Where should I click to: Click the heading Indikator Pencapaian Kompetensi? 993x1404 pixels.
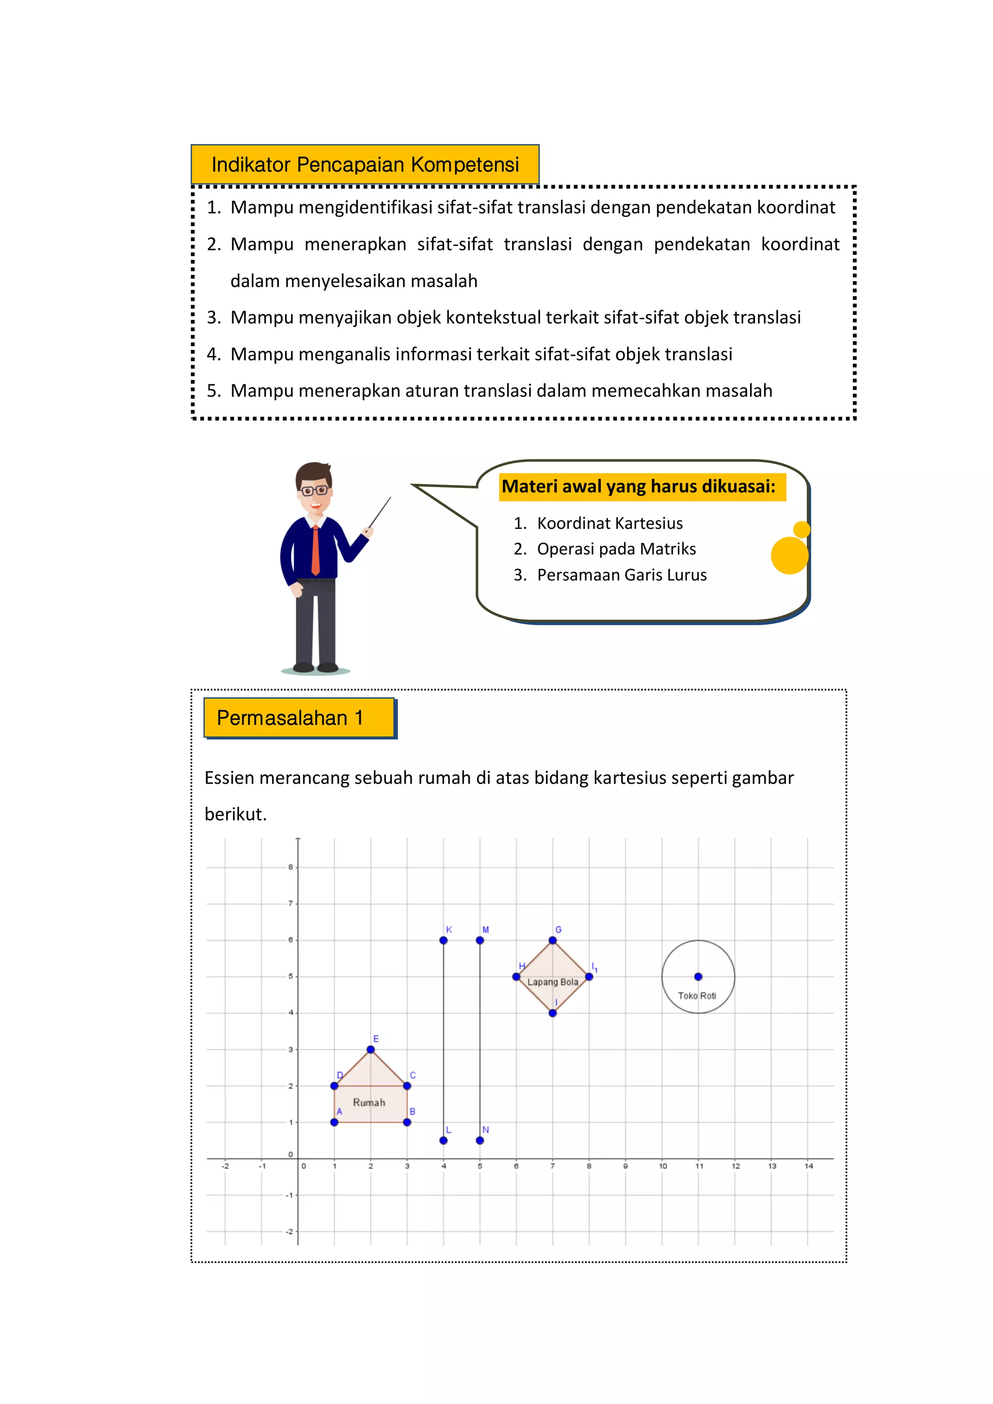point(365,164)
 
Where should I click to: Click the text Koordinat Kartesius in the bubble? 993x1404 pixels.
point(609,523)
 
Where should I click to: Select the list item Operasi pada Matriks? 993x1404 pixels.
point(616,549)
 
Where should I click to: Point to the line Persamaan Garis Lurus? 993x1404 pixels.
point(622,575)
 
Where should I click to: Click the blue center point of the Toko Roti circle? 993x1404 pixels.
point(698,977)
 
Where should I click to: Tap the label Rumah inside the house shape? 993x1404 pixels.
point(369,1103)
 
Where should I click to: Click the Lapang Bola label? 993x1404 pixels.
point(552,982)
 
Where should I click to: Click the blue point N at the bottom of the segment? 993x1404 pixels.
point(480,1140)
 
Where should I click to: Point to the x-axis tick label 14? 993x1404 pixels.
point(808,1166)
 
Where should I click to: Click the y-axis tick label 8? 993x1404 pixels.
point(290,867)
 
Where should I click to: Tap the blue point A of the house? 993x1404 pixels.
point(334,1122)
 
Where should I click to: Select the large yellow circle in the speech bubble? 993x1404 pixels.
point(789,555)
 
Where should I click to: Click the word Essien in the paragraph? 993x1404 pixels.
point(229,778)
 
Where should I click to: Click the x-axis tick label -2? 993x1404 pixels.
point(225,1166)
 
